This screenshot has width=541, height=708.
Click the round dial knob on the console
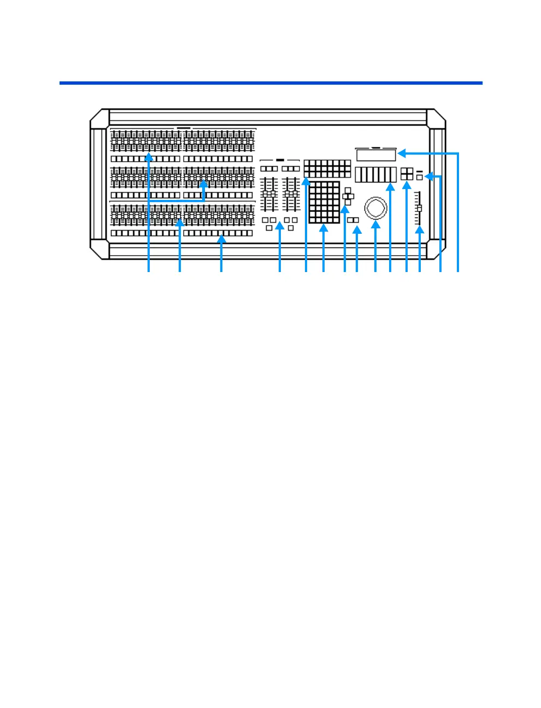[376, 208]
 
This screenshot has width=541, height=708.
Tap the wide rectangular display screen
[375, 156]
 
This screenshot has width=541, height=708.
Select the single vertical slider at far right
[419, 208]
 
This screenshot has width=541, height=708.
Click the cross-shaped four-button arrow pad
[348, 196]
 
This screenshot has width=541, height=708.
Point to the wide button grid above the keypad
[327, 168]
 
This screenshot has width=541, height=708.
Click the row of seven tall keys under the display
[375, 175]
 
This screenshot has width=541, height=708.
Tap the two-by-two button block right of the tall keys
[407, 174]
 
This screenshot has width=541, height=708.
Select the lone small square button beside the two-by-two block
[419, 177]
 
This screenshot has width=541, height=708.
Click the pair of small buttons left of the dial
[354, 220]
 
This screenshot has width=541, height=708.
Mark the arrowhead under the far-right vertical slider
[419, 229]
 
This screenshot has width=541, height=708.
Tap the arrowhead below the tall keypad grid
[324, 228]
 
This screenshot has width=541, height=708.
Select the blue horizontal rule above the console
[270, 83]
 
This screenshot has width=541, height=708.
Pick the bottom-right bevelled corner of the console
[437, 250]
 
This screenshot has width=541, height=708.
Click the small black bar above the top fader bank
[184, 127]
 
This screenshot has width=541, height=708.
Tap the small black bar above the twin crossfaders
[280, 160]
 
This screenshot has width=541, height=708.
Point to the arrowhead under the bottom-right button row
[221, 239]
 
